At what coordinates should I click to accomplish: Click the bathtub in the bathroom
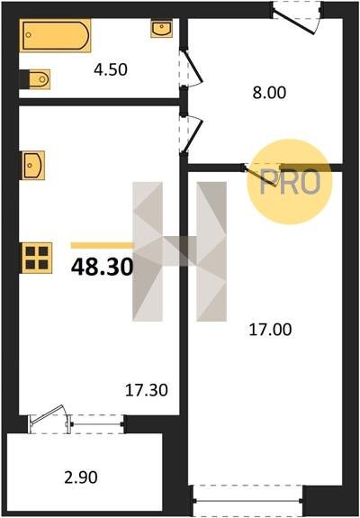pos(55,35)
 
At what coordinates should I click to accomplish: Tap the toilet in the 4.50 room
pos(37,79)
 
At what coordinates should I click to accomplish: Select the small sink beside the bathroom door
pos(162,29)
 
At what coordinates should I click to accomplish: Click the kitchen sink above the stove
pos(32,165)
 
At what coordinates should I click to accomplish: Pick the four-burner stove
pos(37,258)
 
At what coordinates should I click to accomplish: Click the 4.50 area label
pos(111,69)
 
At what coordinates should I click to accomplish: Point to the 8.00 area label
pos(269,93)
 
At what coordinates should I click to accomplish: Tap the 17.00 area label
pos(270,330)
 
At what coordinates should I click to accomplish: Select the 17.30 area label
pos(147,390)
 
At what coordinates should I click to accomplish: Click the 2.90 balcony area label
pos(81,477)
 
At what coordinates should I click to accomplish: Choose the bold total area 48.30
pos(103,267)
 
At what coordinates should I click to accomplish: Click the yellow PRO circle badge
pos(290,182)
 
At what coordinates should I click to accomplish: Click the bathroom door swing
pos(191,68)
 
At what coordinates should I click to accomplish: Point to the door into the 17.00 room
pos(262,175)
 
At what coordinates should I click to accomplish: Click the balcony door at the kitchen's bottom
pos(49,419)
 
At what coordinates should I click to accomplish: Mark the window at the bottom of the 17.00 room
pos(247,501)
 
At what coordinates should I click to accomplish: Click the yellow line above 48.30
pos(103,245)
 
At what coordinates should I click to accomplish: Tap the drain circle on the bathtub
pos(29,35)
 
